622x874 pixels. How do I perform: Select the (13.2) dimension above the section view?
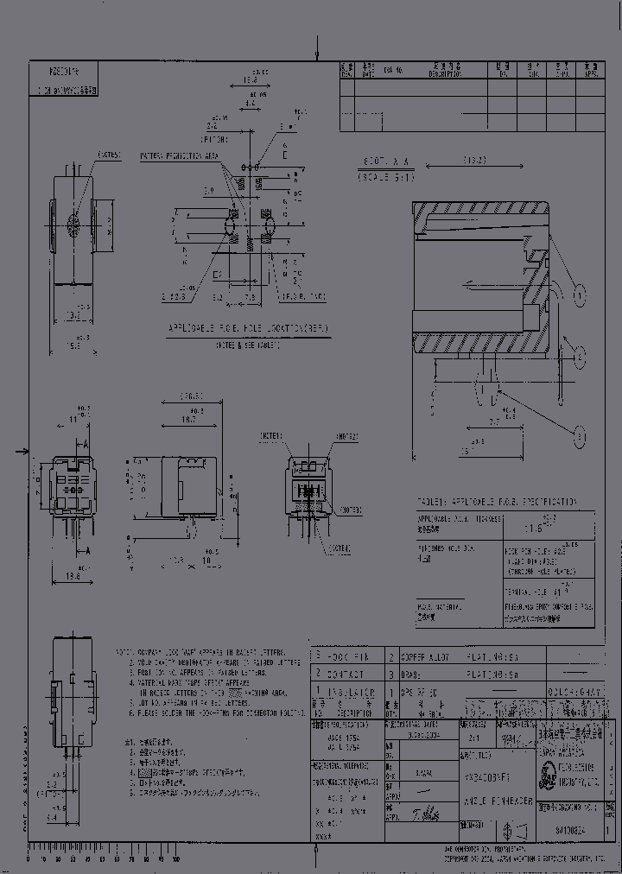[473, 161]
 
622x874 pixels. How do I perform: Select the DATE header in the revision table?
[370, 68]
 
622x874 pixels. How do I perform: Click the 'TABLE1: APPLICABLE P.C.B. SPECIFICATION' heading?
[497, 502]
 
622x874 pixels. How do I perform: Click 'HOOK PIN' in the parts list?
[351, 657]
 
